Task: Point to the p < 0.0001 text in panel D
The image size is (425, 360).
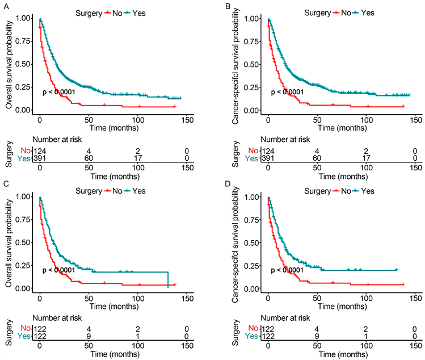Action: (288, 270)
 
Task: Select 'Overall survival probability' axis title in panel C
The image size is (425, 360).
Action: (8, 243)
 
